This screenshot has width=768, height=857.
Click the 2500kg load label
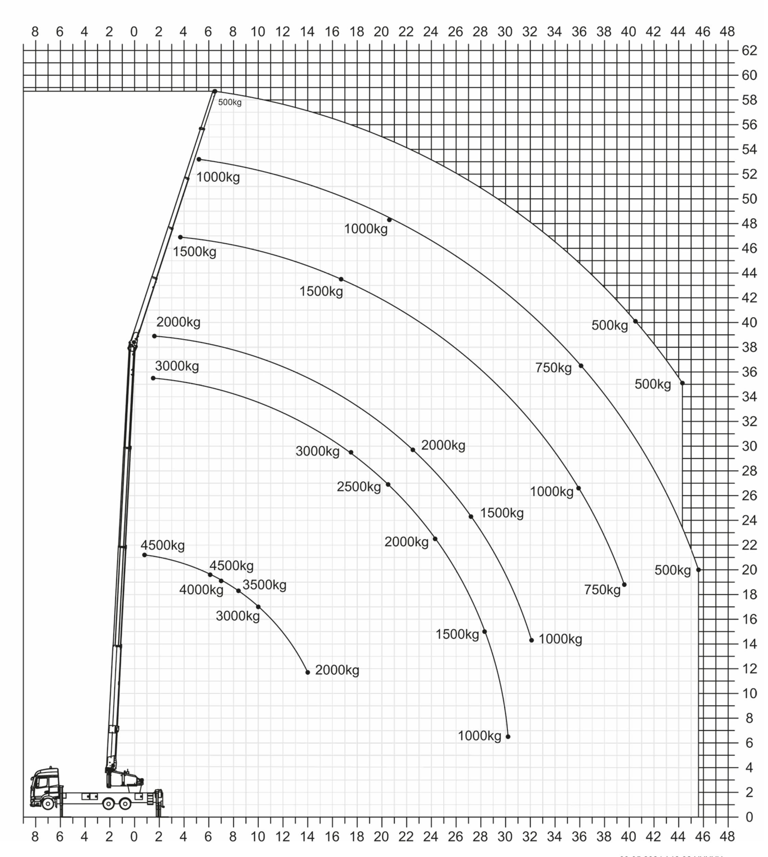359,487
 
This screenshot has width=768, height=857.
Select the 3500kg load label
264,585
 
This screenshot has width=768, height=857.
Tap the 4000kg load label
201,590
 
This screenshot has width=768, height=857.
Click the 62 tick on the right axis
750,51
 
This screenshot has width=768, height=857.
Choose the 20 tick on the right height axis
750,570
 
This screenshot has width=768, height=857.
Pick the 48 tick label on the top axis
727,32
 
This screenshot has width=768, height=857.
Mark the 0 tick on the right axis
750,817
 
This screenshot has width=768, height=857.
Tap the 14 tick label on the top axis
307,32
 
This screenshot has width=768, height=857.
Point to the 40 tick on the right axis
750,322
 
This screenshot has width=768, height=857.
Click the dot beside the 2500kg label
388,484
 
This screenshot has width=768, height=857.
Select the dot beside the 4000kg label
221,581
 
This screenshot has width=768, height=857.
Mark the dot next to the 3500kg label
238,591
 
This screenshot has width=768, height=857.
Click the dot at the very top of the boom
215,91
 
